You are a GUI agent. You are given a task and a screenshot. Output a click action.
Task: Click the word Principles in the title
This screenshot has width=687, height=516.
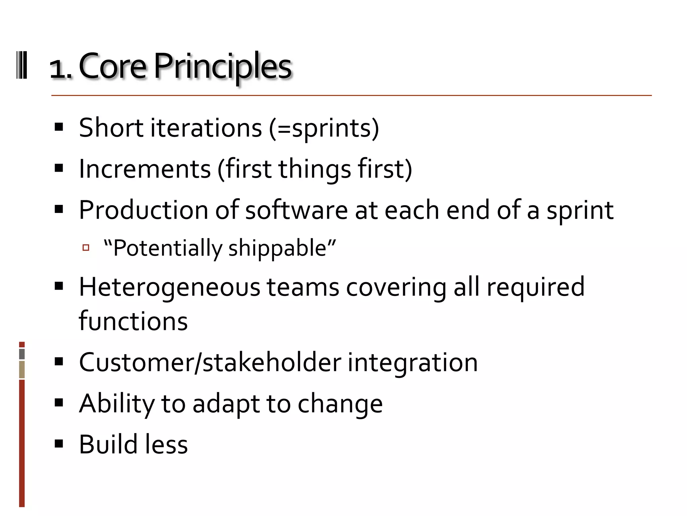223,67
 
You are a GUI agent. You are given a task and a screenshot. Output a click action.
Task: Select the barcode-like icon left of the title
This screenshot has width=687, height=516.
22,65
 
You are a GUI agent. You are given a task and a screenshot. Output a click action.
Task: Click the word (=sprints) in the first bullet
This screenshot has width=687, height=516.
324,128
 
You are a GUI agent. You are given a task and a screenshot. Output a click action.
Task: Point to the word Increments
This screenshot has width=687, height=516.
145,169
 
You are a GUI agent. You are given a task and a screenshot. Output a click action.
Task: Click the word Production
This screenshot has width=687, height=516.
144,210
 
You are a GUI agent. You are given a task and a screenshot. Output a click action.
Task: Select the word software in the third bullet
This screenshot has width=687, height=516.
297,210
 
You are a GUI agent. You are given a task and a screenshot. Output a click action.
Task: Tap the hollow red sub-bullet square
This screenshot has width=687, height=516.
86,248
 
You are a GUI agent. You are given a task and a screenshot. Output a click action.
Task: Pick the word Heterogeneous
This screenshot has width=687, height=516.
169,288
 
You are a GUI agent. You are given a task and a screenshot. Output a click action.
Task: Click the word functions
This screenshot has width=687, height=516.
133,321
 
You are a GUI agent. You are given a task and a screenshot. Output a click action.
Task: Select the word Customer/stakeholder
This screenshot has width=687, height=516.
210,363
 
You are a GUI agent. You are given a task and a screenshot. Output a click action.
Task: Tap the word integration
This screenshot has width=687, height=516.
413,363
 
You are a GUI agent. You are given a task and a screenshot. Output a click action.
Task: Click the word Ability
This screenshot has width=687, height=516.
116,404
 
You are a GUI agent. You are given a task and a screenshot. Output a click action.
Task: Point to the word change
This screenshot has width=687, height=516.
340,404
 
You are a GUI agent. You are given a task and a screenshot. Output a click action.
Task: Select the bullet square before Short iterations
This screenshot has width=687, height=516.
59,127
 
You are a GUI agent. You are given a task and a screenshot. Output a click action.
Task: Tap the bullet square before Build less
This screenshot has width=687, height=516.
59,444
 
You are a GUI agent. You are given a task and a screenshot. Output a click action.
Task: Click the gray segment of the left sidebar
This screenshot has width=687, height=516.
22,354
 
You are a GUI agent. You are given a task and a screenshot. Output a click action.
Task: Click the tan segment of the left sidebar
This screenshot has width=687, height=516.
22,370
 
